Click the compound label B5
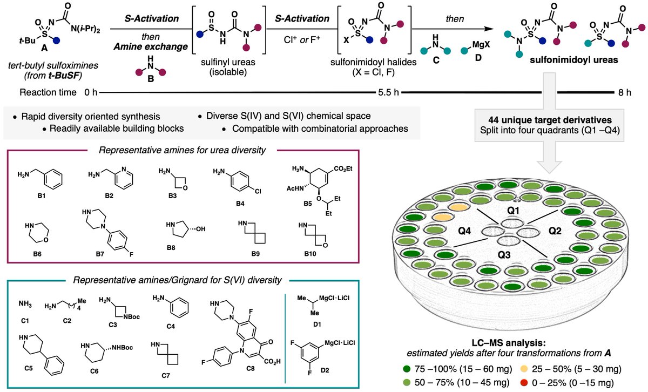pyautogui.click(x=307, y=204)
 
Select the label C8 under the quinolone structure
pyautogui.click(x=251, y=369)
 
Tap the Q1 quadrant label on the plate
pyautogui.click(x=513, y=211)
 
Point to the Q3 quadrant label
pyautogui.click(x=504, y=255)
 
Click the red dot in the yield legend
pyautogui.click(x=524, y=383)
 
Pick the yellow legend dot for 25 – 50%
pyautogui.click(x=524, y=369)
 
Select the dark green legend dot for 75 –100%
pyautogui.click(x=407, y=369)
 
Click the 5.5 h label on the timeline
pyautogui.click(x=388, y=92)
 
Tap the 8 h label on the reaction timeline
pyautogui.click(x=625, y=92)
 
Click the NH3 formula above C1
pyautogui.click(x=25, y=304)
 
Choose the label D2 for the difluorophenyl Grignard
pyautogui.click(x=325, y=370)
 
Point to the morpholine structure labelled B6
pyautogui.click(x=37, y=232)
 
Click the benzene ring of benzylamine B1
pyautogui.click(x=53, y=179)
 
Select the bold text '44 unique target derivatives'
pyautogui.click(x=550, y=120)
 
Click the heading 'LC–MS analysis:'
pyautogui.click(x=509, y=343)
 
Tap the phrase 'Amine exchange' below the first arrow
pyautogui.click(x=151, y=46)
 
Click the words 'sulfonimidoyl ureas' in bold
pyautogui.click(x=574, y=60)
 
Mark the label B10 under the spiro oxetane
pyautogui.click(x=310, y=254)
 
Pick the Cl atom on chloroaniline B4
pyautogui.click(x=258, y=191)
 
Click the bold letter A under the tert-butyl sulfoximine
pyautogui.click(x=44, y=48)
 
